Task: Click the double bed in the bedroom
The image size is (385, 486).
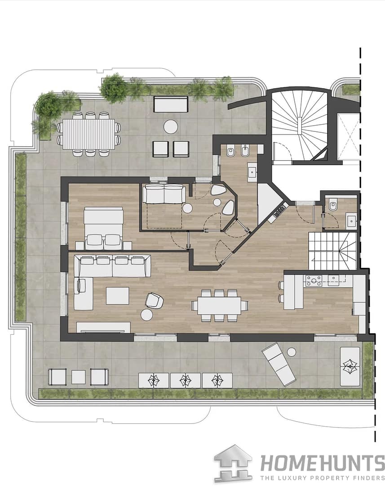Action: [x=104, y=228]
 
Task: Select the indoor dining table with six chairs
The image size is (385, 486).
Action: [x=220, y=305]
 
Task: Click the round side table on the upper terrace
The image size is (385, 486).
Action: [x=171, y=127]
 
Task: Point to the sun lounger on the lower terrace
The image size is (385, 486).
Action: [x=279, y=364]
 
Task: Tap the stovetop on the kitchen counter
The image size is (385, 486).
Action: [x=314, y=281]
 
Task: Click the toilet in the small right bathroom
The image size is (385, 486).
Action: [x=333, y=205]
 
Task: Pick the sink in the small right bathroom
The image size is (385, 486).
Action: [x=351, y=220]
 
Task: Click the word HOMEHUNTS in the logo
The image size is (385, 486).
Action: [x=322, y=463]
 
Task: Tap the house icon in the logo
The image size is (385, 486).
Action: [x=233, y=463]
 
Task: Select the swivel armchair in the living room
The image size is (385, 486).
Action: [x=154, y=301]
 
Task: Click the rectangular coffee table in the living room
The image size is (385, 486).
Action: [x=118, y=296]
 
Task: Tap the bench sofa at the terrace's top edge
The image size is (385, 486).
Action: [x=171, y=104]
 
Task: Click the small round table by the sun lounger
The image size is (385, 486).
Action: [x=292, y=352]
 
